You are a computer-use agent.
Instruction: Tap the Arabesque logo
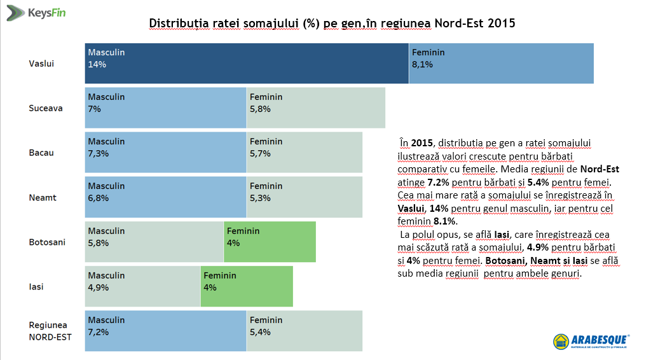(591, 341)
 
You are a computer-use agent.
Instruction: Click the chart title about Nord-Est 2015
(332, 24)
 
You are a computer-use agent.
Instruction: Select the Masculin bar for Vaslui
(247, 63)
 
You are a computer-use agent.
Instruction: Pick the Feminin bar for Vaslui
(501, 63)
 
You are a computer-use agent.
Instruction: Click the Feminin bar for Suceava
(315, 107)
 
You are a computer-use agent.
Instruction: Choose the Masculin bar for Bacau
(165, 152)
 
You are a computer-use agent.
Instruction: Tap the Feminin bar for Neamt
(304, 197)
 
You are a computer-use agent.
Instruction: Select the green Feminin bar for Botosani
(270, 242)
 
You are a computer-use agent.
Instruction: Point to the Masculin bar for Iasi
(142, 286)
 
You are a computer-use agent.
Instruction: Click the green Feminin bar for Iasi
(247, 286)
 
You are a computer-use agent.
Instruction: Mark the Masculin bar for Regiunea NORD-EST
(165, 331)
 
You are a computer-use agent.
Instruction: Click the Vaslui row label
(41, 64)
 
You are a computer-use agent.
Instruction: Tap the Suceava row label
(46, 108)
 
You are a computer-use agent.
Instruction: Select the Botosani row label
(46, 242)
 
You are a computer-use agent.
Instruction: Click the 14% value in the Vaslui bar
(97, 64)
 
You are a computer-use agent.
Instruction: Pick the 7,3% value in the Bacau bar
(99, 153)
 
